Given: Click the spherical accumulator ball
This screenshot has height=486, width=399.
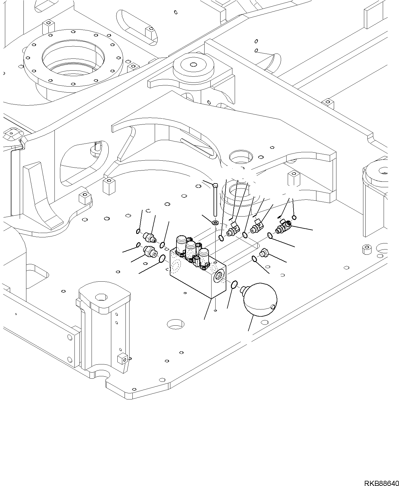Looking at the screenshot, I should (260, 300).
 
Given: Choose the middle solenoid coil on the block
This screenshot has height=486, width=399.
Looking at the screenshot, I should (191, 250).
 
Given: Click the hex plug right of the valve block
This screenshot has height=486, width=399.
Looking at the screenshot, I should (264, 252).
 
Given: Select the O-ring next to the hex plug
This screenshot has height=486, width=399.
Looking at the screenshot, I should (254, 258).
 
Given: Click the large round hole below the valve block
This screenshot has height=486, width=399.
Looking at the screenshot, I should (175, 324).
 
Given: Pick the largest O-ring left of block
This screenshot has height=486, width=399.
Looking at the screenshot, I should (163, 258).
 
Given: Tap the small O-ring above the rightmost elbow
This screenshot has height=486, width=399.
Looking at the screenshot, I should (294, 217).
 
